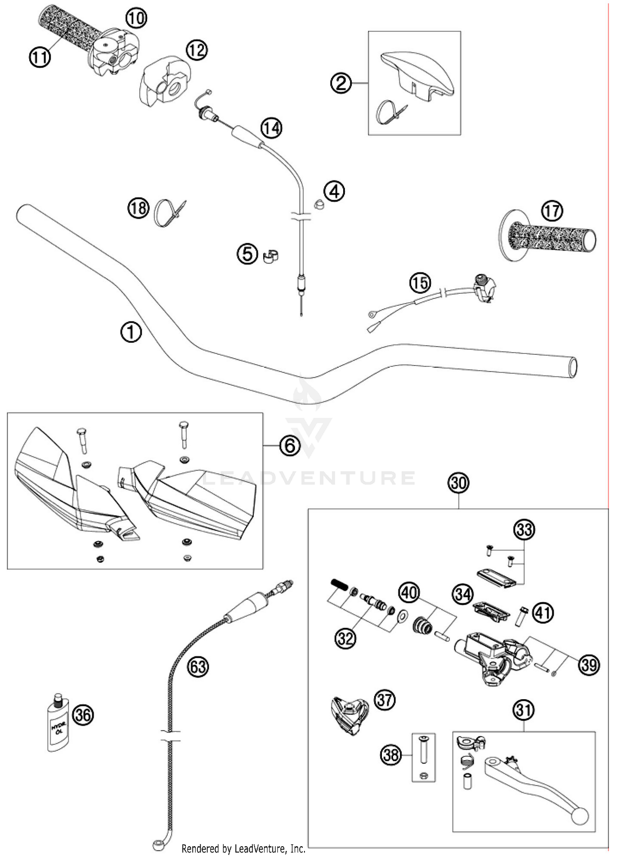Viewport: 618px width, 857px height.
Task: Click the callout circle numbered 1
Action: click(131, 332)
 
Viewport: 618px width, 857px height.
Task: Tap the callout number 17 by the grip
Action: click(552, 211)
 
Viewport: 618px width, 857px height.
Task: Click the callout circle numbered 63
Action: click(198, 666)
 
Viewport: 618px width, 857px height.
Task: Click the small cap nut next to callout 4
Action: click(318, 204)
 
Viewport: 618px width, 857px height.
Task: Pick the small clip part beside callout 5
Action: click(271, 256)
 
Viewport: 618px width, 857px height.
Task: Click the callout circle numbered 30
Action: click(459, 482)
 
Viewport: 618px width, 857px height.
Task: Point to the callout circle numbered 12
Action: click(196, 50)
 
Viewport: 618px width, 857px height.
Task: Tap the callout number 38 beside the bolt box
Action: click(391, 755)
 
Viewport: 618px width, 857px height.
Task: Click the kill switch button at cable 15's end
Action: click(480, 279)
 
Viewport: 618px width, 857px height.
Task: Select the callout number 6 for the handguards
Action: click(290, 445)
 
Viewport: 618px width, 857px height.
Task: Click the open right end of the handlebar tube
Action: click(572, 367)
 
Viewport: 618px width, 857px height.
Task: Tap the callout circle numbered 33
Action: click(524, 529)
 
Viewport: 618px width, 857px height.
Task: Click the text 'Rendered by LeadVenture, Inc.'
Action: click(243, 849)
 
